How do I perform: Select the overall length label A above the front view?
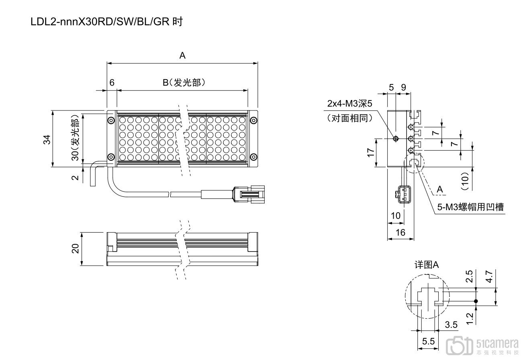[x=182, y=56]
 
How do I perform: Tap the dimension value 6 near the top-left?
[x=112, y=82]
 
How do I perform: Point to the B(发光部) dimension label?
[x=184, y=82]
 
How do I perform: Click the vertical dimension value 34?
[x=47, y=139]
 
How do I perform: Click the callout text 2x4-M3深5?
[x=350, y=104]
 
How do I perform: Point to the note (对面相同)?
[x=350, y=118]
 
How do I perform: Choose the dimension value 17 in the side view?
[x=370, y=153]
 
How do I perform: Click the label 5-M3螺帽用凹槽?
[x=470, y=207]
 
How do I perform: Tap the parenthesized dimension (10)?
[x=465, y=181]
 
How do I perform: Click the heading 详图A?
[x=427, y=265]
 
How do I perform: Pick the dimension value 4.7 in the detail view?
[x=488, y=277]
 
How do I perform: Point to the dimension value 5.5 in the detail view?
[x=429, y=342]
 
